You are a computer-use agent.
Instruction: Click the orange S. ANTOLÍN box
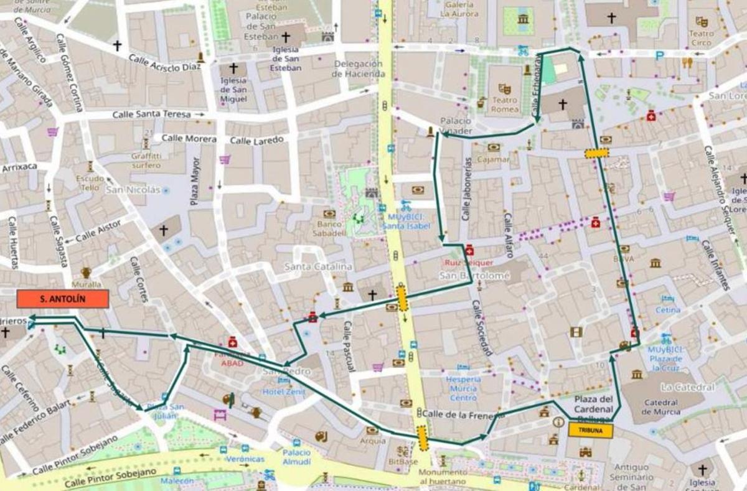tap(63, 299)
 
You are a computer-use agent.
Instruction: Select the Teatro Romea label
tap(505, 105)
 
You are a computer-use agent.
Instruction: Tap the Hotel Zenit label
tap(284, 391)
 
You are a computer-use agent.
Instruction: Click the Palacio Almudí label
tap(296, 457)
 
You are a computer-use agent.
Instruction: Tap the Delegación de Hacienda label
tap(358, 68)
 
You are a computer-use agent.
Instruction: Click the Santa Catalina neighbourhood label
tap(318, 266)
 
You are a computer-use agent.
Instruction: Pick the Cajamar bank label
tap(493, 159)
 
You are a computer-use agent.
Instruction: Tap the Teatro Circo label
tap(701, 38)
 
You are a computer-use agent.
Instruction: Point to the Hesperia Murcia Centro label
tap(463, 388)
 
